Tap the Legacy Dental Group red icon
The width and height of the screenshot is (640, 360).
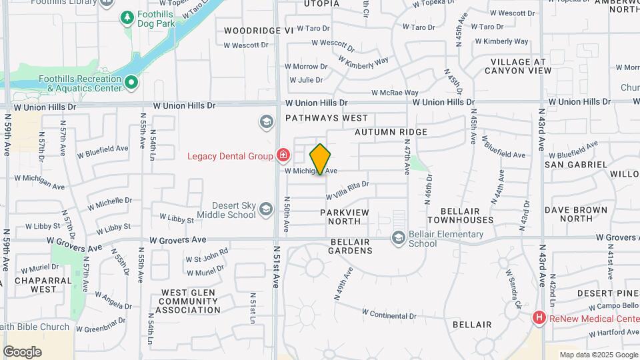click(x=283, y=155)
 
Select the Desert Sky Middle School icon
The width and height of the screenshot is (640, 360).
click(x=266, y=210)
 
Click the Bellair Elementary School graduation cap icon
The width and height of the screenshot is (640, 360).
click(x=398, y=238)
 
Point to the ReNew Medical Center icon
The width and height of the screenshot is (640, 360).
click(x=539, y=319)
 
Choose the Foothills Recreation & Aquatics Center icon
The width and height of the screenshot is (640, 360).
click(x=132, y=83)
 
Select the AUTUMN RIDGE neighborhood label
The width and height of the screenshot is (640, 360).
click(x=391, y=132)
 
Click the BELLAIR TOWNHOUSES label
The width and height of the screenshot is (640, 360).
click(x=461, y=215)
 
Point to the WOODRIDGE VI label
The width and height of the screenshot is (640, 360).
click(x=259, y=31)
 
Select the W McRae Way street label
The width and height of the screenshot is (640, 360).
click(x=395, y=93)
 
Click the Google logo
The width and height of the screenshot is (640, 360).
click(x=22, y=352)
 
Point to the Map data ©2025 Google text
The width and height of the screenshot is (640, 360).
click(x=599, y=355)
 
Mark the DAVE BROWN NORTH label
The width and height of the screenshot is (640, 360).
click(x=575, y=214)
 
